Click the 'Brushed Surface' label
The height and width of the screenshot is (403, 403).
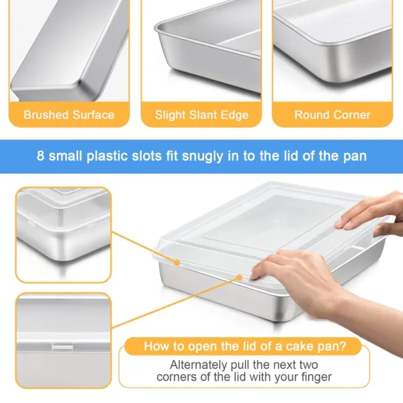coord(69,115)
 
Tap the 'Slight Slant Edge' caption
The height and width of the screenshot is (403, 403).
coord(201,115)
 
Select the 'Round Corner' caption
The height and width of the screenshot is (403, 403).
coord(332,115)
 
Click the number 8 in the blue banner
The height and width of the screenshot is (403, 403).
coord(41,156)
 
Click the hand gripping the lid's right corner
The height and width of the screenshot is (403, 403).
coord(373,214)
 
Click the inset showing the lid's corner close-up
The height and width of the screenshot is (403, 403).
coord(62,234)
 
